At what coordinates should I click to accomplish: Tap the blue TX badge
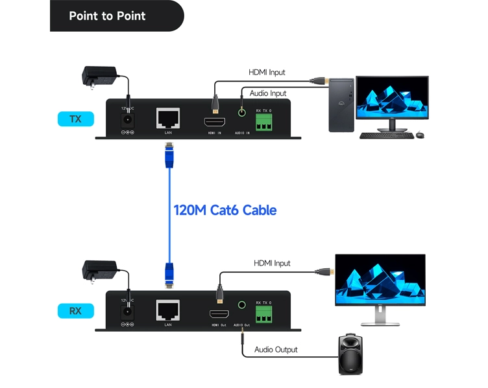tap(75, 119)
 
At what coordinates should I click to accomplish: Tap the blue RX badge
tap(75, 311)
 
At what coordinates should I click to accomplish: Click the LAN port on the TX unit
tap(167, 117)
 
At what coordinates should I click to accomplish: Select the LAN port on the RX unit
tap(167, 309)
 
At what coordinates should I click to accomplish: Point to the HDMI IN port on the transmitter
tap(215, 122)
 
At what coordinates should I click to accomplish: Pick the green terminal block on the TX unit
tap(263, 122)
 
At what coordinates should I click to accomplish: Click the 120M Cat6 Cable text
tap(225, 210)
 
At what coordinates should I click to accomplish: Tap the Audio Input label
tap(268, 93)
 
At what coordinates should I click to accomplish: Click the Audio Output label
tap(276, 350)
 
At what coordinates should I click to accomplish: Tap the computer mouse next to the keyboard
tap(420, 135)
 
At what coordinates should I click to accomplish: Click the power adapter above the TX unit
tap(99, 76)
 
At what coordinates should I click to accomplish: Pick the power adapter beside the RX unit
tap(99, 269)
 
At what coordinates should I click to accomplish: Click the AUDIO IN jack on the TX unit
tap(243, 112)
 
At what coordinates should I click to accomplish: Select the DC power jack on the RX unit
tap(127, 311)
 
